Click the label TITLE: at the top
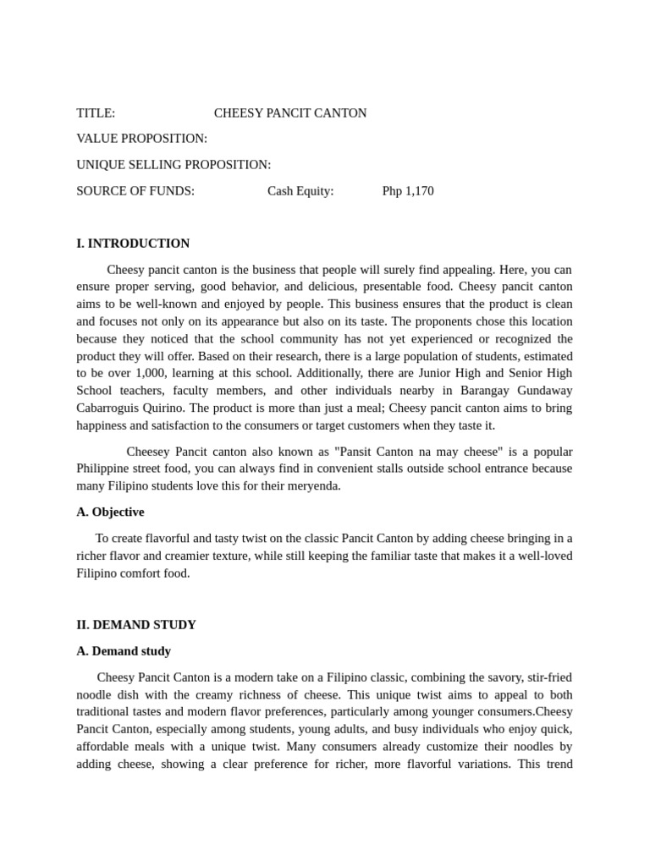pos(96,113)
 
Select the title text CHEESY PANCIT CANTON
pos(290,113)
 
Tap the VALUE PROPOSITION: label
pos(141,139)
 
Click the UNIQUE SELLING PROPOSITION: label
pos(174,165)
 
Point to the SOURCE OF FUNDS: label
pos(135,191)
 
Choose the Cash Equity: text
pos(300,191)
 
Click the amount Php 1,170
pos(408,191)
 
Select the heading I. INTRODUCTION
pos(133,244)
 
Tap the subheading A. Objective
pos(110,512)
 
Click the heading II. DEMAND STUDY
pos(136,625)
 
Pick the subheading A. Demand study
pos(124,651)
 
